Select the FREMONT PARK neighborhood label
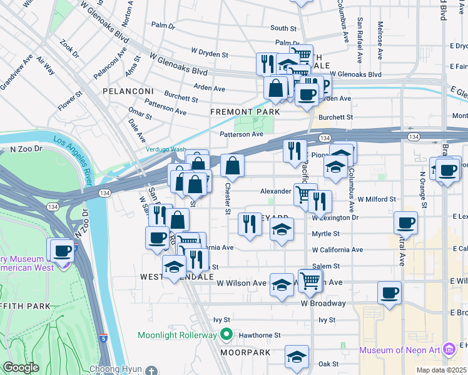tap(244, 112)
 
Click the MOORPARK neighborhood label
tap(245, 352)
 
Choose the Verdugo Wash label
tap(166, 149)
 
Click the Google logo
tap(21, 367)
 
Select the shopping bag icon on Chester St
tap(232, 166)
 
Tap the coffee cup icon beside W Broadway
tap(389, 292)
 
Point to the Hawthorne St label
tap(260, 335)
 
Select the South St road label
tap(283, 28)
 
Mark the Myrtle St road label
tap(325, 234)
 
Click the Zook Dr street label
tap(69, 49)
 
